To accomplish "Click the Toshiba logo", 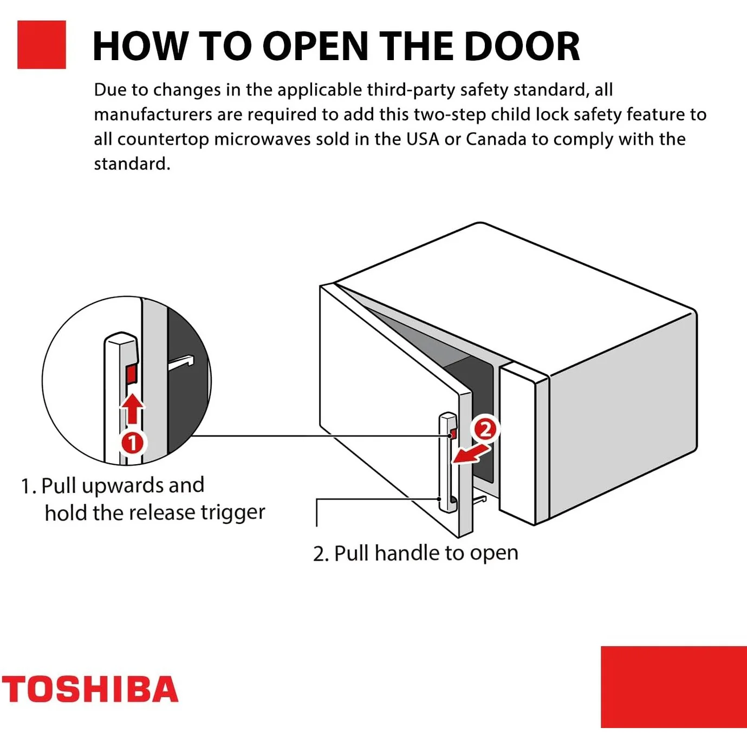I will [90, 689].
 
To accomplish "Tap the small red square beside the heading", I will [42, 45].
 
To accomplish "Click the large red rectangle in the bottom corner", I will [673, 686].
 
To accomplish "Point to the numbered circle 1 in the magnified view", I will [132, 443].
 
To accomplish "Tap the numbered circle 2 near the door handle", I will [485, 429].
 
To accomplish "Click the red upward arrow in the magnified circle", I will [132, 408].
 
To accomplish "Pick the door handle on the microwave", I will [447, 463].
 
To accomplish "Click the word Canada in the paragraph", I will [496, 139].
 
